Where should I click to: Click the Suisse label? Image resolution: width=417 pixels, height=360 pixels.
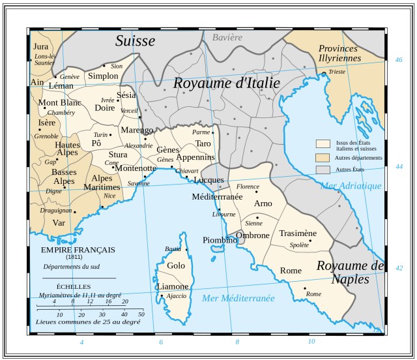[x=136, y=41]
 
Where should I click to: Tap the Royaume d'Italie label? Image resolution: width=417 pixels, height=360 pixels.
[x=226, y=83]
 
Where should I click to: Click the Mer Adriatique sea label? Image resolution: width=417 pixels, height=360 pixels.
[x=351, y=186]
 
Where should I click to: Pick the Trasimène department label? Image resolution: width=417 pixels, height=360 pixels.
[x=298, y=233]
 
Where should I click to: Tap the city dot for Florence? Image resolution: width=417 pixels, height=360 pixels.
[x=257, y=192]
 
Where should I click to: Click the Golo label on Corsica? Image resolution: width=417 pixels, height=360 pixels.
[x=176, y=265]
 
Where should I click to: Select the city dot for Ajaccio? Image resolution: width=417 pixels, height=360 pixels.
[x=162, y=296]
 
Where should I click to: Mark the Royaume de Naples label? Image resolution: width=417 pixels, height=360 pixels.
[x=351, y=273]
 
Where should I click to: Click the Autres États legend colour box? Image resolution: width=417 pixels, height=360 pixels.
[x=322, y=170]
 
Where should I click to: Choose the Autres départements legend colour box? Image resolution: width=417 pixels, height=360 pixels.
[x=322, y=157]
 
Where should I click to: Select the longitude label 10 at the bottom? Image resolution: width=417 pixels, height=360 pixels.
[x=311, y=342]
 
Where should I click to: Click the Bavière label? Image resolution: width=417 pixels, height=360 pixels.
[x=227, y=37]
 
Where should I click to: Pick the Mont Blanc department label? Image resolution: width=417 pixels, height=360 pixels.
[x=59, y=102]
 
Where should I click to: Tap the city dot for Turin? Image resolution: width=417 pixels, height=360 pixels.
[x=111, y=134]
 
